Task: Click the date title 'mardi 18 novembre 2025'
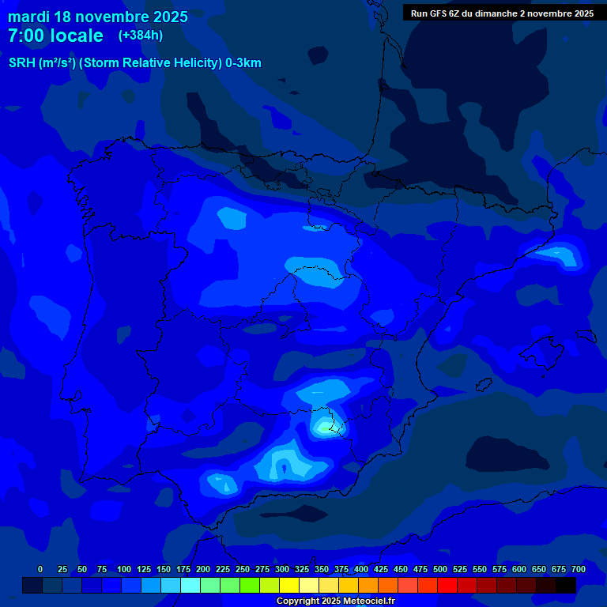pyautogui.click(x=98, y=17)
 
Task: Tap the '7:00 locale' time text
pyautogui.click(x=55, y=36)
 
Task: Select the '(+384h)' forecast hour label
pyautogui.click(x=141, y=36)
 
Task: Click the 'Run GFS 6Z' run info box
pyautogui.click(x=502, y=13)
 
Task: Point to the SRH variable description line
pyautogui.click(x=134, y=63)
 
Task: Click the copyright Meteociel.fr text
pyautogui.click(x=335, y=601)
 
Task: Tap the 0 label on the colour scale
pyautogui.click(x=40, y=569)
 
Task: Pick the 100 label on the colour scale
pyautogui.click(x=124, y=569)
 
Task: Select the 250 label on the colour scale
pyautogui.click(x=243, y=569)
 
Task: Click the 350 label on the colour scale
pyautogui.click(x=322, y=569)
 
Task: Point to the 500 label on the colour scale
pyautogui.click(x=440, y=569)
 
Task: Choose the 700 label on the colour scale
pyautogui.click(x=579, y=569)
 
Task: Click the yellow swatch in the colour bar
pyautogui.click(x=289, y=585)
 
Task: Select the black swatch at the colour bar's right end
pyautogui.click(x=566, y=585)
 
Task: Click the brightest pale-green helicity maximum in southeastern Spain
pyautogui.click(x=324, y=428)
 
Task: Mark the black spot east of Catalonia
pyautogui.click(x=564, y=254)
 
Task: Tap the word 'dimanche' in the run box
pyautogui.click(x=496, y=13)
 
